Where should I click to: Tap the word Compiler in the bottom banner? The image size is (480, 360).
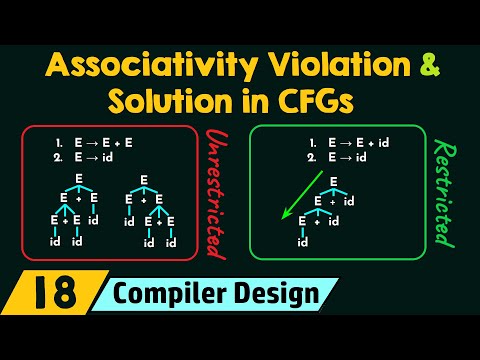pyautogui.click(x=180, y=295)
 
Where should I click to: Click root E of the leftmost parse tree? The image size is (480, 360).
pyautogui.click(x=79, y=179)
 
